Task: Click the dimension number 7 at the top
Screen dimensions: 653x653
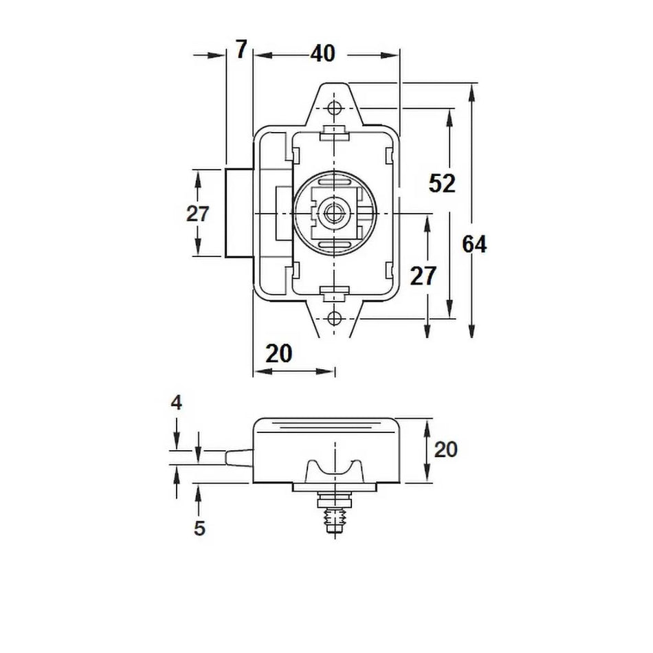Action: (240, 51)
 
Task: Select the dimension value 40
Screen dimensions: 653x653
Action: (322, 53)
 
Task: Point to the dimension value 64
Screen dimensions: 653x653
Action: (474, 244)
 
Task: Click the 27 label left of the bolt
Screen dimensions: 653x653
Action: (197, 214)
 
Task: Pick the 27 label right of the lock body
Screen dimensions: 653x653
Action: (423, 276)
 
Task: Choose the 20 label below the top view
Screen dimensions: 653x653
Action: (278, 353)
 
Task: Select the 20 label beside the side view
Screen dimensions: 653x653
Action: (445, 450)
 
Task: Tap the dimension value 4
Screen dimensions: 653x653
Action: (177, 403)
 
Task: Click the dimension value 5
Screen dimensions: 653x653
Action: (199, 528)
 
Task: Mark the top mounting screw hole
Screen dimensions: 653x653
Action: (335, 109)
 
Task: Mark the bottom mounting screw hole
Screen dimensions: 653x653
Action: (335, 318)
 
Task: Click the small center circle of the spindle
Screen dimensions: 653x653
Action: (335, 212)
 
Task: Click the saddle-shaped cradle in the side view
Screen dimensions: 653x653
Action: (335, 470)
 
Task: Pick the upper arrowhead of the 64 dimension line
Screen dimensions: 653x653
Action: (472, 92)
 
